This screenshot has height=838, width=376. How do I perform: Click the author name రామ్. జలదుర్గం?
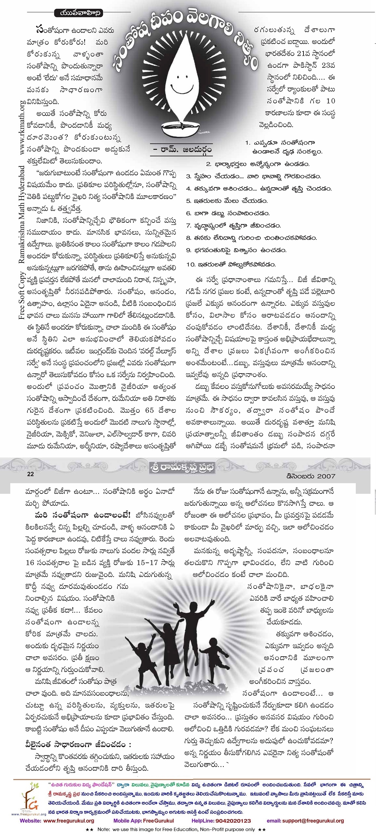coord(182,149)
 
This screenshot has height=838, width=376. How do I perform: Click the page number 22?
coord(30,474)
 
